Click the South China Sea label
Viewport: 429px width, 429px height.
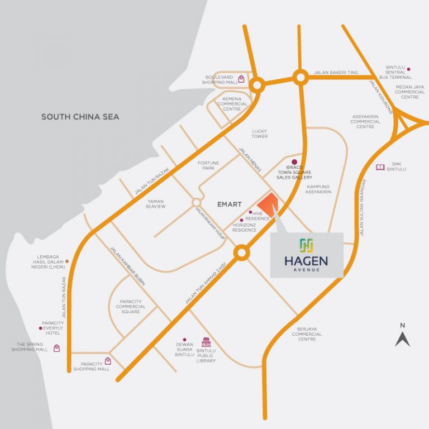(x=80, y=117)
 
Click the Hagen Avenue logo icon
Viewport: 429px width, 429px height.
(x=306, y=245)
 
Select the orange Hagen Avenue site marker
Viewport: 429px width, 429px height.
(x=267, y=204)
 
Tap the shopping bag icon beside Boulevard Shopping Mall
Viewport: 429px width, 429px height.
(x=241, y=79)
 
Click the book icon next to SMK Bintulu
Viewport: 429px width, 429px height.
(x=380, y=167)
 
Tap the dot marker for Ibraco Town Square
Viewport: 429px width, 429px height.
(x=294, y=162)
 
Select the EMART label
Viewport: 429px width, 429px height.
(x=230, y=204)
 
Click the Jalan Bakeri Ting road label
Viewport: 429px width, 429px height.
(x=336, y=73)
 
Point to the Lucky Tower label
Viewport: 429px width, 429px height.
(x=260, y=134)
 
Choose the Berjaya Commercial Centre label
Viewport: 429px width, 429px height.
(x=307, y=335)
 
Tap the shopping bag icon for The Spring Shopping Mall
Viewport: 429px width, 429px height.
(x=56, y=348)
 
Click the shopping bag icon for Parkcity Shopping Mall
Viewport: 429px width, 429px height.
(x=108, y=361)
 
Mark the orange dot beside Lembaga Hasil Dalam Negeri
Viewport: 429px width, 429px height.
(x=68, y=261)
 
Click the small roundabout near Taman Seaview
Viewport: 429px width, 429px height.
(x=196, y=202)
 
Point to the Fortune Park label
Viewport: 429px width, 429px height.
(x=208, y=165)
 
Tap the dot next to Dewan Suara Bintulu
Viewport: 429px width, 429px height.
(x=185, y=339)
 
